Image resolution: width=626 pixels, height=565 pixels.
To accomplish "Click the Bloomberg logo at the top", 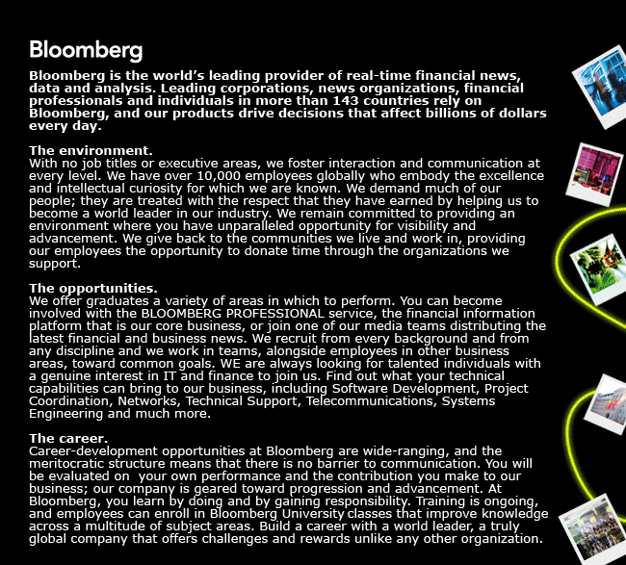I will (x=86, y=50).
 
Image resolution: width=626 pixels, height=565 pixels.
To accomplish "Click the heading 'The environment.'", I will (x=91, y=150).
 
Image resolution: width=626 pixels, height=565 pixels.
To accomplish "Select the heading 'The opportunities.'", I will (x=93, y=288).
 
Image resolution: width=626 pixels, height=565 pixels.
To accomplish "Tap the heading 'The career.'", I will (x=70, y=438).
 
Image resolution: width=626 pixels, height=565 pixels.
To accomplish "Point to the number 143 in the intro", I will (x=351, y=100).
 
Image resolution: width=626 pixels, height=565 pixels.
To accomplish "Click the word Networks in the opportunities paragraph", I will (x=158, y=400).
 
